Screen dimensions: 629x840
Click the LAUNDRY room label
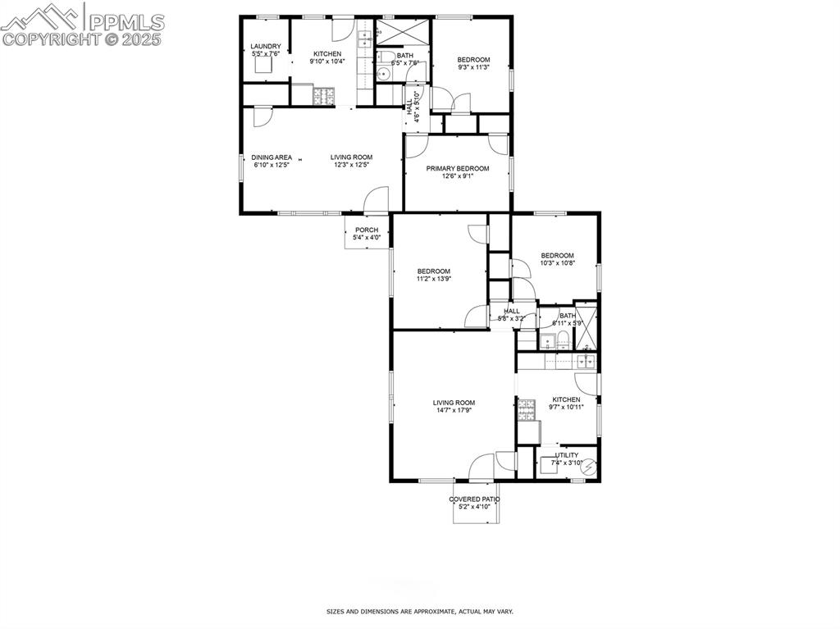coord(266,46)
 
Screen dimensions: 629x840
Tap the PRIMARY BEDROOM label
coord(457,168)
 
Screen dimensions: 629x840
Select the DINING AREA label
coord(272,157)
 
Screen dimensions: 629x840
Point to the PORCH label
coord(367,230)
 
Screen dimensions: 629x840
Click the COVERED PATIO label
coord(474,499)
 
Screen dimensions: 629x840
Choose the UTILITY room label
coord(567,455)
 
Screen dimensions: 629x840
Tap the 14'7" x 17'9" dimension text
coord(454,410)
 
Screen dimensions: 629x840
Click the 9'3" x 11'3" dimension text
coord(473,67)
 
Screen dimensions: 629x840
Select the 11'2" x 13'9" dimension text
coord(434,279)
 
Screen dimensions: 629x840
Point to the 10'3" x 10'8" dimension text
coord(557,263)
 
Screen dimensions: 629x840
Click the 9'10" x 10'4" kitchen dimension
coord(326,62)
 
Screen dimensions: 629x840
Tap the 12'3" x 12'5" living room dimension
coord(352,165)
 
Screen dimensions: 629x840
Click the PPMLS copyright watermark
coord(83,25)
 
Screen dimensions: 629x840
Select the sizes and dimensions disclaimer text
coord(420,612)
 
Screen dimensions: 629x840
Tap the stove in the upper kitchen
coord(325,96)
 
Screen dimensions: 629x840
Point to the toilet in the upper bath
coord(383,74)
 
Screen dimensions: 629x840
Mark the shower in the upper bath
coord(403,32)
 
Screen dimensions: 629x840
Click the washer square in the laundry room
coord(263,66)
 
